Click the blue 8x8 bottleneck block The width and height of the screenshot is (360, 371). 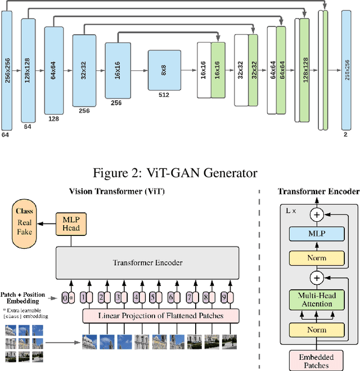pos(164,70)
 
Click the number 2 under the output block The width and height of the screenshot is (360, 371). pos(351,135)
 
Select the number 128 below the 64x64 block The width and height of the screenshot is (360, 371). pos(54,119)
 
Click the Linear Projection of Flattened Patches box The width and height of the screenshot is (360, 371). pos(161,315)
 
